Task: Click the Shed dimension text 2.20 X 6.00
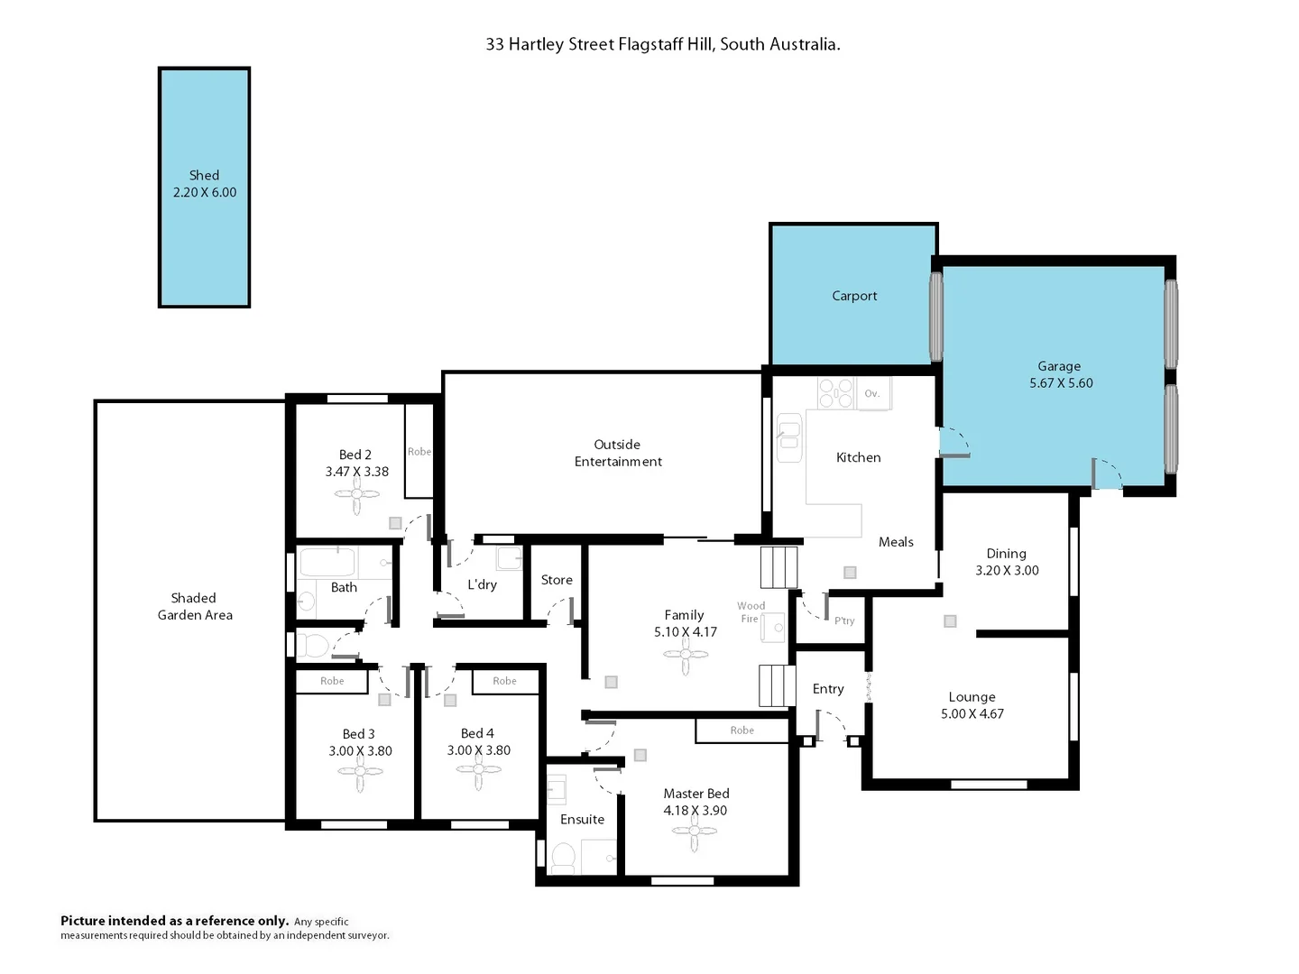205,192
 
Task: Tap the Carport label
854,296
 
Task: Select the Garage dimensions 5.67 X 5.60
1061,383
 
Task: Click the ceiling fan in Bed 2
357,494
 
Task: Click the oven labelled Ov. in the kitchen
872,394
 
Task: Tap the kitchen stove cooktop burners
835,393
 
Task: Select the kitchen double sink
789,437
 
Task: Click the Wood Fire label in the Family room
751,612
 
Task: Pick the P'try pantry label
844,620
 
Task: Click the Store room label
557,580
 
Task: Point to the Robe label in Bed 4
504,681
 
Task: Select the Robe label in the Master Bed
742,730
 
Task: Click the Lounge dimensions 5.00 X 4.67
972,714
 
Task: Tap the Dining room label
1006,554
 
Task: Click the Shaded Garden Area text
195,606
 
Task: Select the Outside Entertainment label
618,453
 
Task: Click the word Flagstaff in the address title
653,44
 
